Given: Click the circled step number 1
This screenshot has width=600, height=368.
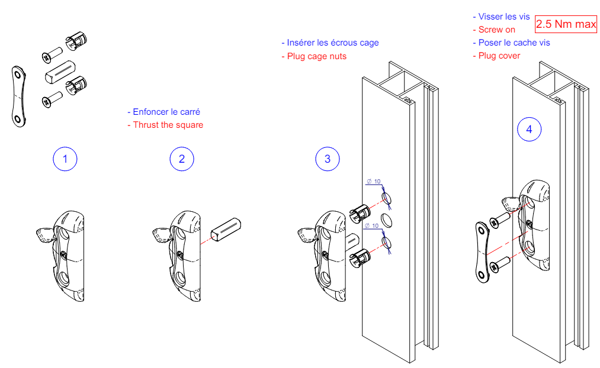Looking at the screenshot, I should [65, 159].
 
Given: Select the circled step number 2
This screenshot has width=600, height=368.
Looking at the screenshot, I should [182, 159].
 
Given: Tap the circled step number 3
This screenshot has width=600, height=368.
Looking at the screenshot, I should [328, 159].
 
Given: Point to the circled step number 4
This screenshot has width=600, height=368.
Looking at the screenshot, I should [529, 129].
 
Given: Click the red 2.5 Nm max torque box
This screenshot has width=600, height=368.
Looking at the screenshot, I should [566, 25].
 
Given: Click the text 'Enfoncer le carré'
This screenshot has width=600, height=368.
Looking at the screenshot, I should [168, 112].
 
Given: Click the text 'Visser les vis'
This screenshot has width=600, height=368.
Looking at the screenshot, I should [502, 17].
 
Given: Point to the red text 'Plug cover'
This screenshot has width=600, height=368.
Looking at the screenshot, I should [496, 56].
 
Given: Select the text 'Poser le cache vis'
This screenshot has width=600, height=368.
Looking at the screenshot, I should [511, 43].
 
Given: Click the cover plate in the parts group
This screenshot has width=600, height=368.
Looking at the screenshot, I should [20, 95].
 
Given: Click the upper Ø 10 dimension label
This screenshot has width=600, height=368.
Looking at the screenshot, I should [373, 181].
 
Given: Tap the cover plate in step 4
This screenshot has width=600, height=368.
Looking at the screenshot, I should [483, 252].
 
